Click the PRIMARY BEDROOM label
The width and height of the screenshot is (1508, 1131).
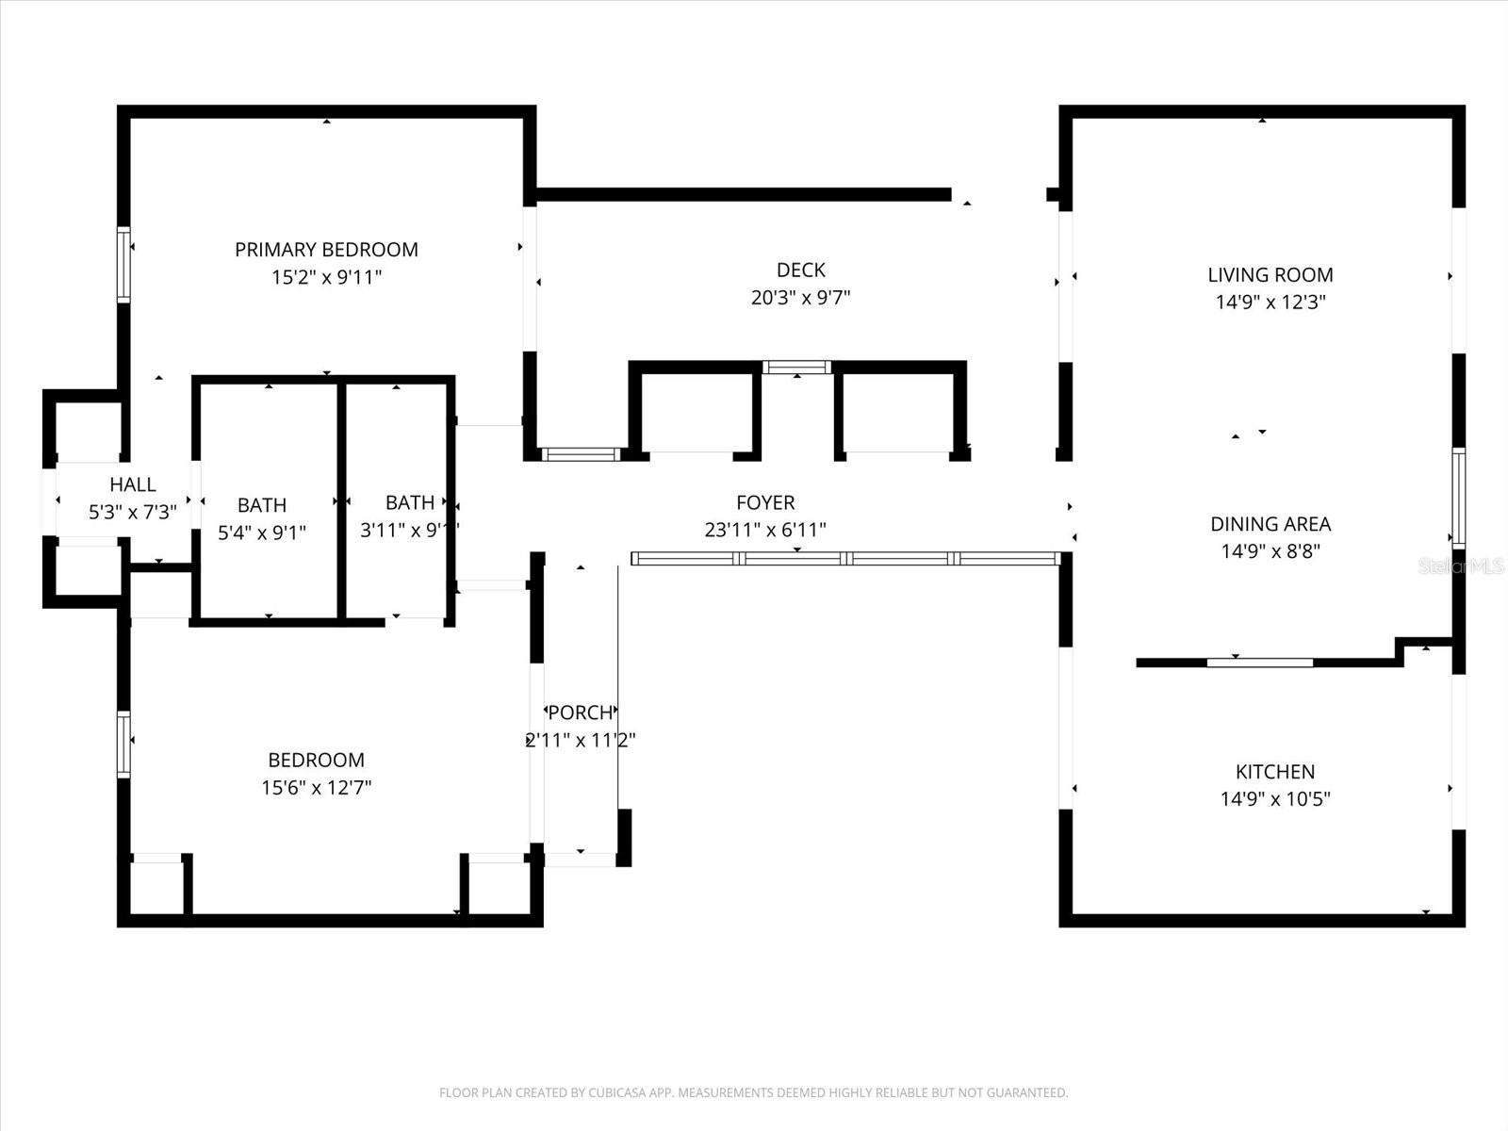click(326, 250)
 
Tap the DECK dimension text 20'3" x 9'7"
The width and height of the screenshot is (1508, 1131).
click(800, 298)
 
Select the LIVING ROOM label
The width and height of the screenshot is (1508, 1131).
click(1270, 275)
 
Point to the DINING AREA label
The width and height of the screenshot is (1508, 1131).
click(1270, 524)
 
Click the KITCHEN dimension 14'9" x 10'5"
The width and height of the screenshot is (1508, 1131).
click(1274, 799)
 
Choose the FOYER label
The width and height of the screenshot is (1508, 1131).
click(764, 503)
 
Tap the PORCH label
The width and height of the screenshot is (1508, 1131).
click(581, 713)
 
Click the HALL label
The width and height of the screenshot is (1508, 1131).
click(132, 484)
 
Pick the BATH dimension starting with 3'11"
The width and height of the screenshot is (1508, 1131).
click(409, 531)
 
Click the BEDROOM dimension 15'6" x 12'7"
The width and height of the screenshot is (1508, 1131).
click(316, 788)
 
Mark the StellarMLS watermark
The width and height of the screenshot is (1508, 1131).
click(1462, 566)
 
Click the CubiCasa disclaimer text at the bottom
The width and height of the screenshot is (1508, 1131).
click(753, 1093)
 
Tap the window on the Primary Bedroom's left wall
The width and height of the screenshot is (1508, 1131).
click(123, 265)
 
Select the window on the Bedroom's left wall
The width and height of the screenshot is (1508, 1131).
click(123, 744)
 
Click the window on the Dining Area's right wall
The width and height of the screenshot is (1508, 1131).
click(1458, 498)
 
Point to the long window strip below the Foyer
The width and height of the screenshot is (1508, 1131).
click(845, 559)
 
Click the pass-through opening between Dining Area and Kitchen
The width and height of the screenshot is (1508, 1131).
click(1259, 663)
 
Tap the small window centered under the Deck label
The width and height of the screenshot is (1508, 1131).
click(796, 368)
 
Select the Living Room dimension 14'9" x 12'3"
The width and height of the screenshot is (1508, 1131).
click(1270, 303)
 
